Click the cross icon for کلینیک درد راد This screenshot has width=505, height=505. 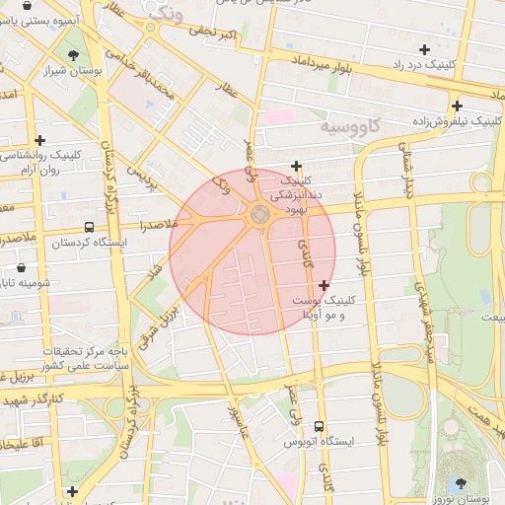pos(424,49)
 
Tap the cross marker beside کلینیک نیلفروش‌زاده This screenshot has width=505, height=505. pos(457,107)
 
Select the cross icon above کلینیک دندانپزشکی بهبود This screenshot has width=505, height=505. pos(296,166)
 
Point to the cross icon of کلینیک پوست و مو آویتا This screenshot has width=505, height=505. pos(324,285)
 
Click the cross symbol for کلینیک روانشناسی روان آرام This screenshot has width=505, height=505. pos(39,140)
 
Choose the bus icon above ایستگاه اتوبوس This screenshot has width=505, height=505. pos(318,426)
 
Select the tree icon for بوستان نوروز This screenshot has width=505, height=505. pos(462,483)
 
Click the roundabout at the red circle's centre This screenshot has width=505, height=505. pos(259,214)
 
